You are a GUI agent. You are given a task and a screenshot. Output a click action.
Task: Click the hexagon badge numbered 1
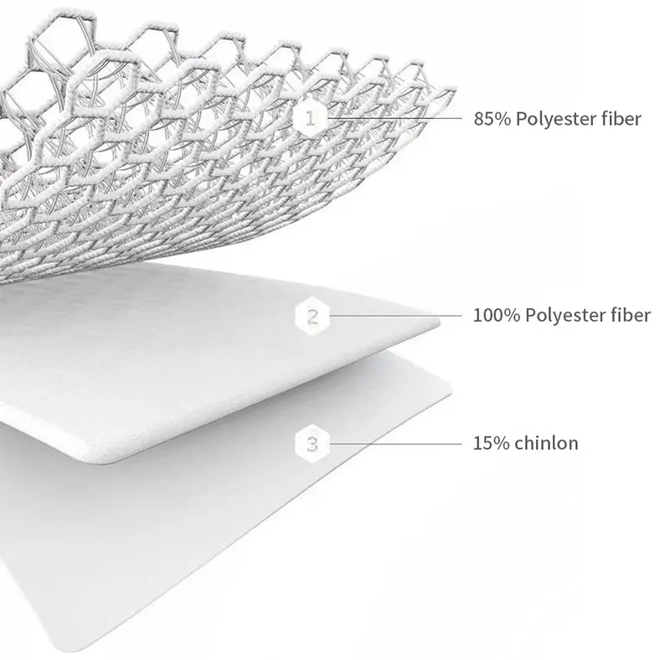(312, 118)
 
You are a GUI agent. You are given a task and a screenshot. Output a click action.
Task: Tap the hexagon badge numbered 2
(312, 317)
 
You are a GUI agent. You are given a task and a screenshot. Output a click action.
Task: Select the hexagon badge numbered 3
(312, 443)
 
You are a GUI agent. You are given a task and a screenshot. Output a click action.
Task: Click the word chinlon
(547, 443)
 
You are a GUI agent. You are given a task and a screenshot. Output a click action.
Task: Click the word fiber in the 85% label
(622, 119)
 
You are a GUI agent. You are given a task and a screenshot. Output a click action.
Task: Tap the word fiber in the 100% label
(631, 317)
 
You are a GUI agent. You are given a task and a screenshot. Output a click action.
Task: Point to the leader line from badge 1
(394, 118)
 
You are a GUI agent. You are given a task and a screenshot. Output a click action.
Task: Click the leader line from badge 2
(394, 317)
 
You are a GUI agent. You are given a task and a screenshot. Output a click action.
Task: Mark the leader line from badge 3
(394, 443)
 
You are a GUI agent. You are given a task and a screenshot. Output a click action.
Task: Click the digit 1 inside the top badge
(312, 118)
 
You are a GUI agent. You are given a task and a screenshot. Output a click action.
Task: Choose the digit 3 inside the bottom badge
(312, 443)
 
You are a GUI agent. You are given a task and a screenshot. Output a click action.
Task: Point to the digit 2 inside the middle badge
(312, 317)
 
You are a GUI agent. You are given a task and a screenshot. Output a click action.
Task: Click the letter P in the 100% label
(521, 317)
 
